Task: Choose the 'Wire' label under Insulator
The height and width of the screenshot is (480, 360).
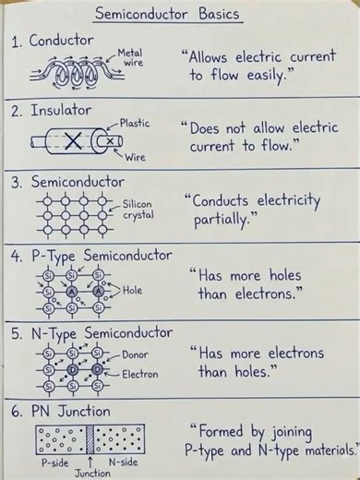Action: pyautogui.click(x=135, y=158)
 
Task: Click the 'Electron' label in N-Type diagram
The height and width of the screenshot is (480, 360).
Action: pyautogui.click(x=139, y=375)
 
